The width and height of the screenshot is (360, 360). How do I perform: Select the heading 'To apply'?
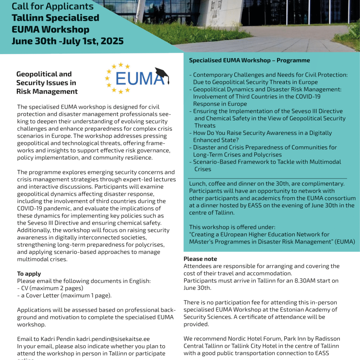[29, 274]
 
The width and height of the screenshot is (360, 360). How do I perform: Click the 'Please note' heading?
[200, 259]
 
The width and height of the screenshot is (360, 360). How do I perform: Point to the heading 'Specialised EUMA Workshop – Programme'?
[249, 60]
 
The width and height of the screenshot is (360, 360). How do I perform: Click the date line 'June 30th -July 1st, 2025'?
[68, 41]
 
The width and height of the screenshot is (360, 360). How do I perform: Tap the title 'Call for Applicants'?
[53, 6]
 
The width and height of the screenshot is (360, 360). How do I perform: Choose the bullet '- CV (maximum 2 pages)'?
[50, 288]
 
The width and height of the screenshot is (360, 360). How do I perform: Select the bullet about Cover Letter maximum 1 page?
[64, 295]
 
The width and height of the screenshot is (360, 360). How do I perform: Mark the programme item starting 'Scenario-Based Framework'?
[267, 162]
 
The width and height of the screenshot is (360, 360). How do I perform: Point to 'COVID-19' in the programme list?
[308, 97]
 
